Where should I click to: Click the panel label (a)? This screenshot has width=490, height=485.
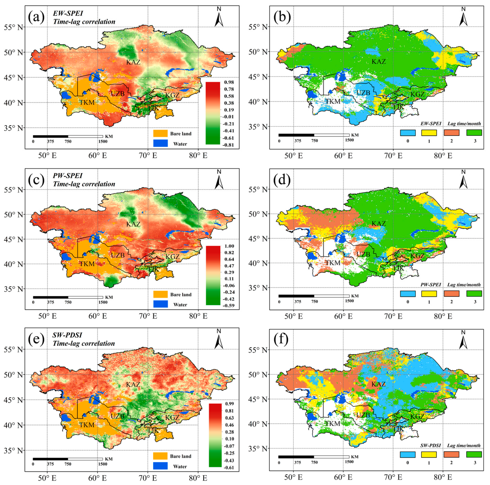pyautogui.click(x=36, y=18)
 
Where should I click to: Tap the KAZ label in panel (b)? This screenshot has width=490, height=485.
pyautogui.click(x=379, y=62)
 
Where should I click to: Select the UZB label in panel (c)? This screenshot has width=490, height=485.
pyautogui.click(x=118, y=255)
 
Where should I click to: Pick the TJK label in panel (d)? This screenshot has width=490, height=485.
pyautogui.click(x=398, y=268)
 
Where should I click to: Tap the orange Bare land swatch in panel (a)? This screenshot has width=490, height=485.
pyautogui.click(x=160, y=133)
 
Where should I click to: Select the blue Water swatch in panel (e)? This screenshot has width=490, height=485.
pyautogui.click(x=160, y=466)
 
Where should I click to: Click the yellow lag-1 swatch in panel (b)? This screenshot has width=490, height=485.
pyautogui.click(x=429, y=133)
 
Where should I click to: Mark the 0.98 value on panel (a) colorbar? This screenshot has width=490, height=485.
pyautogui.click(x=229, y=82)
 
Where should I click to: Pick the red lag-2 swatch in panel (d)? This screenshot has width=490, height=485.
pyautogui.click(x=451, y=294)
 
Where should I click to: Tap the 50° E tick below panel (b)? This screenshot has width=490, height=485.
pyautogui.click(x=293, y=156)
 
